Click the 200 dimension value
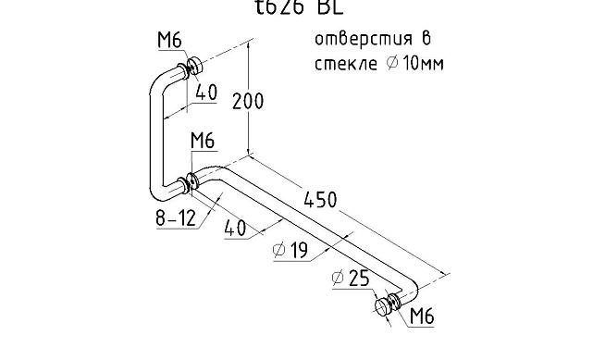coord(247,101)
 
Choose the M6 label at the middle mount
coord(203,141)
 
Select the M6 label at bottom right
coord(422,317)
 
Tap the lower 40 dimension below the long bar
coord(237,229)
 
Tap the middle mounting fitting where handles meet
coord(191,181)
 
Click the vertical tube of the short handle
coord(154,139)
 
